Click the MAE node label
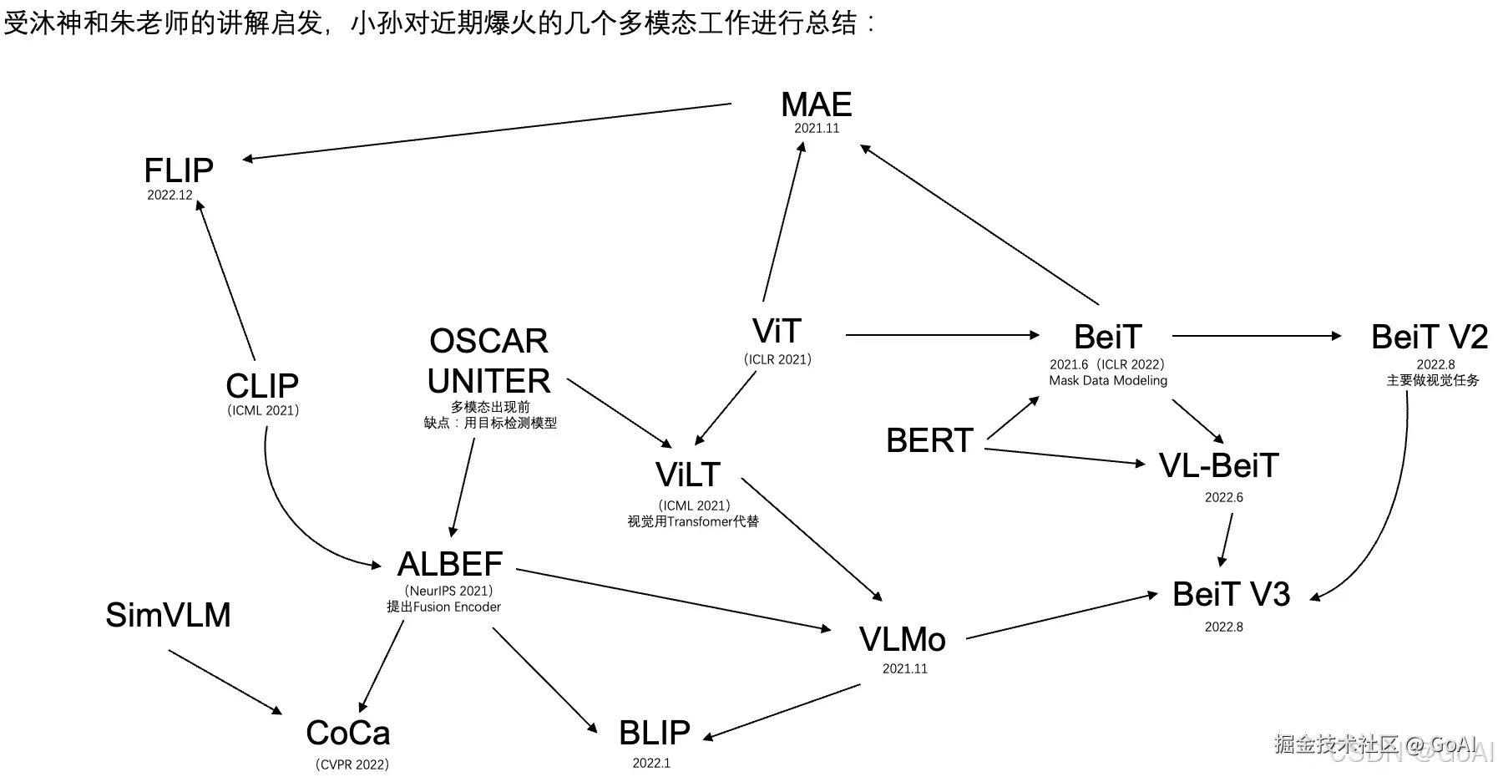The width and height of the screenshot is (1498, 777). pyautogui.click(x=816, y=105)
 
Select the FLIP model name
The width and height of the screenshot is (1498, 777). pyautogui.click(x=179, y=170)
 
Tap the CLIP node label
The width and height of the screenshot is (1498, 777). pyautogui.click(x=262, y=386)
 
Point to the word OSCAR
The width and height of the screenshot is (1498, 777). pyautogui.click(x=488, y=341)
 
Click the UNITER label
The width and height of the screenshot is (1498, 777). pyautogui.click(x=488, y=381)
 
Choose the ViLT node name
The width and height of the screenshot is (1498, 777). pyautogui.click(x=687, y=475)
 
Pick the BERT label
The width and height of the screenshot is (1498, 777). pyautogui.click(x=929, y=440)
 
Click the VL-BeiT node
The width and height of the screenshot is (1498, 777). pyautogui.click(x=1218, y=466)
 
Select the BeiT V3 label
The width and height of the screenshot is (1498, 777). pyautogui.click(x=1231, y=594)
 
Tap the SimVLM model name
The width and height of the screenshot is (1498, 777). pyautogui.click(x=168, y=615)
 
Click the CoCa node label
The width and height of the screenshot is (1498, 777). pyautogui.click(x=348, y=733)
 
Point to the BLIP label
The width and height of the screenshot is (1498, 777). pyautogui.click(x=654, y=733)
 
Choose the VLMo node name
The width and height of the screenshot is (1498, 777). pyautogui.click(x=902, y=640)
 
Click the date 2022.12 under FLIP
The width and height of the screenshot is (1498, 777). pyautogui.click(x=170, y=196)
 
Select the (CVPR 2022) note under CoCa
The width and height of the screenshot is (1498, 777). pyautogui.click(x=352, y=764)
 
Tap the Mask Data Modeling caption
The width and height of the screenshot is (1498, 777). pyautogui.click(x=1108, y=381)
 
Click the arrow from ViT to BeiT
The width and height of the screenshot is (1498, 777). pyautogui.click(x=942, y=335)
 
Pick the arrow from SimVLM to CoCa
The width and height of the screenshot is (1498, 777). pyautogui.click(x=225, y=681)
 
